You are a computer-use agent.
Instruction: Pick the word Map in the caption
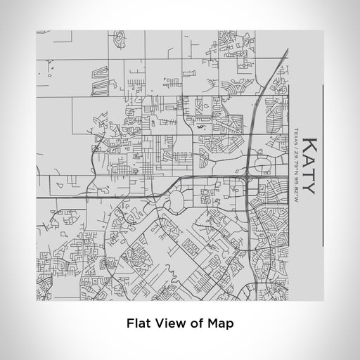click(220, 324)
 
